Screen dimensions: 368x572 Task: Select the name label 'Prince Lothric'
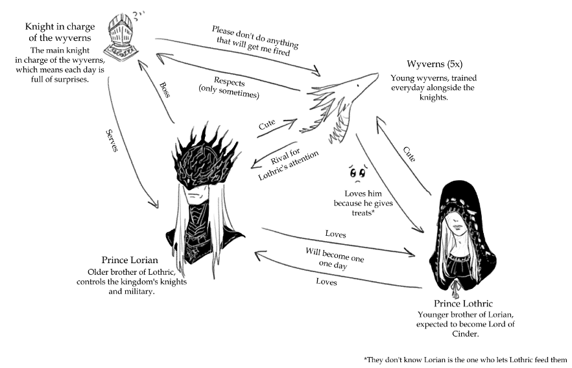tap(460, 304)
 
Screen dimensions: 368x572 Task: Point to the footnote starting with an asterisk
tap(466, 359)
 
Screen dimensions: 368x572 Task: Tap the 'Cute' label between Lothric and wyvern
tap(409, 154)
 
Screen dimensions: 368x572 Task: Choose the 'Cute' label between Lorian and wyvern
tap(267, 124)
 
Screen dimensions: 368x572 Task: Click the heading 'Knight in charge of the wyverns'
tap(60, 32)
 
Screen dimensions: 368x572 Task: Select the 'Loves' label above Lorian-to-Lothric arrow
tap(335, 234)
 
